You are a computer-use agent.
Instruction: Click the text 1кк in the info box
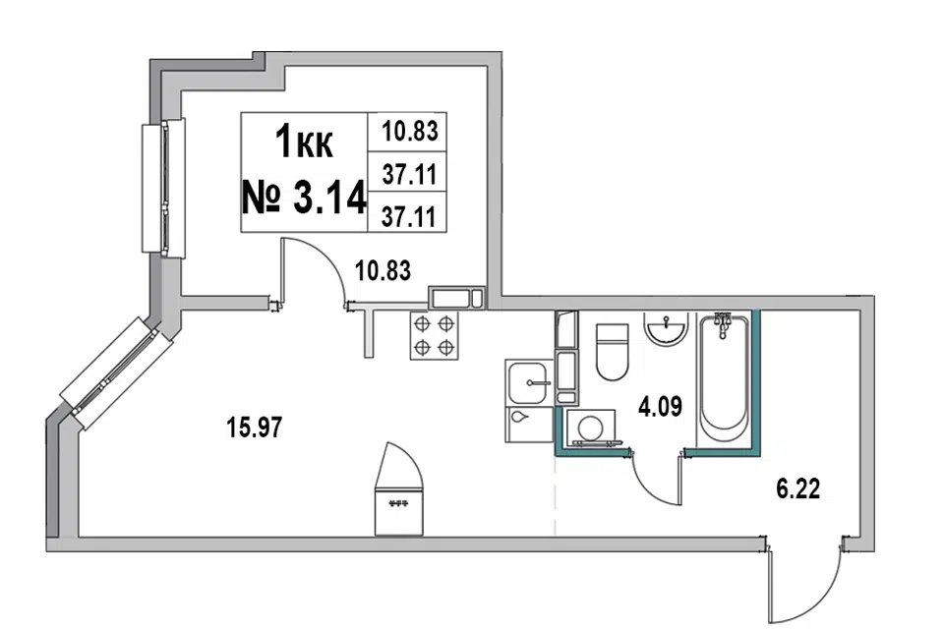tap(304, 143)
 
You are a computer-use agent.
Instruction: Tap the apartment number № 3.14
tap(304, 197)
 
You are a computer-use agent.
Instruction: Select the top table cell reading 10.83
tap(410, 131)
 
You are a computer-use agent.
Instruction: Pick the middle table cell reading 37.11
tap(409, 175)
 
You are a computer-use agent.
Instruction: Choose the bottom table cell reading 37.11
tap(409, 216)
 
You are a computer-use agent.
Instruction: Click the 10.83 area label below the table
tap(383, 270)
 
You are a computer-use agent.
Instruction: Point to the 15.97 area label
tap(254, 428)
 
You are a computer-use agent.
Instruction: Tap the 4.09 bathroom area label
tap(660, 407)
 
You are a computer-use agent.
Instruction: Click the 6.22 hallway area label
tap(797, 488)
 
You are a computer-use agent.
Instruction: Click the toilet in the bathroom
tap(613, 352)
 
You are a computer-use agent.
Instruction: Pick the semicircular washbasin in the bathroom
tap(666, 329)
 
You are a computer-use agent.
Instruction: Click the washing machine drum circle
tap(590, 428)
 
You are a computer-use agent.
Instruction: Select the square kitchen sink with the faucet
tap(528, 382)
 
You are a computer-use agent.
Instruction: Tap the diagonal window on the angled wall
tap(116, 373)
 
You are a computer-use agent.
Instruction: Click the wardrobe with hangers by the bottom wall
tap(399, 488)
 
